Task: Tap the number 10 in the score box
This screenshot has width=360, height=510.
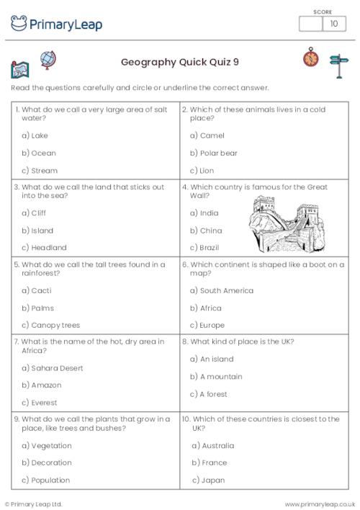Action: click(x=333, y=24)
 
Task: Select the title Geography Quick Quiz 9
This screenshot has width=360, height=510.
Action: click(x=180, y=62)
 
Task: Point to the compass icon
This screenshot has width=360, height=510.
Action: click(x=311, y=57)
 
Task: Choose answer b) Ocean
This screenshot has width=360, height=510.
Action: click(x=39, y=153)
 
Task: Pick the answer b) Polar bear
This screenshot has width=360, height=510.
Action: click(x=214, y=153)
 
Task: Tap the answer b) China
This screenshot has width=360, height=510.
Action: click(x=206, y=231)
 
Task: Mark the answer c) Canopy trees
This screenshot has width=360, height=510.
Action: click(x=50, y=325)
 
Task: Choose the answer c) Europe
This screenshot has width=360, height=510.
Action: click(x=207, y=325)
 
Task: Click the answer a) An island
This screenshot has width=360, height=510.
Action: click(x=212, y=359)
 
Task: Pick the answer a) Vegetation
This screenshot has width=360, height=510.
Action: click(x=47, y=445)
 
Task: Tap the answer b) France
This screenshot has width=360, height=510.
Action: click(x=209, y=462)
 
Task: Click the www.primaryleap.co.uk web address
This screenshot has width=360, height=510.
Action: click(x=320, y=504)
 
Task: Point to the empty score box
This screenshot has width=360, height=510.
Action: click(x=311, y=24)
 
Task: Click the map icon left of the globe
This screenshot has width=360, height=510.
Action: click(x=19, y=70)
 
